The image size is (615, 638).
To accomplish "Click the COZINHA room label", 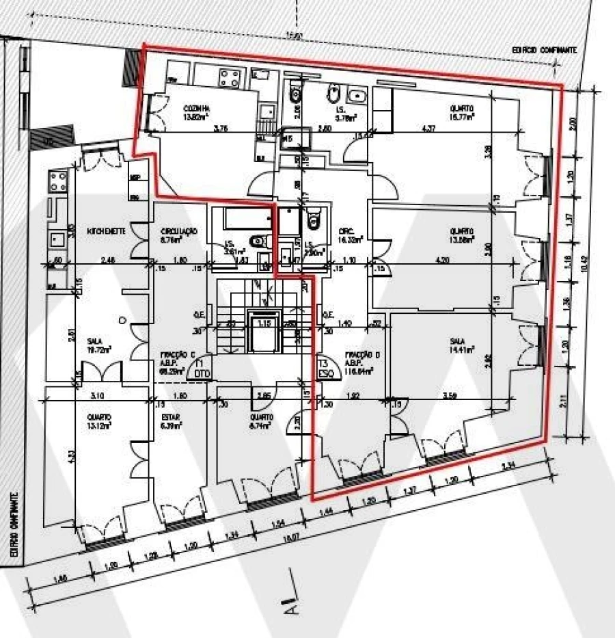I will tap(196, 109).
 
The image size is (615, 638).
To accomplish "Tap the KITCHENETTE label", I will tap(106, 231).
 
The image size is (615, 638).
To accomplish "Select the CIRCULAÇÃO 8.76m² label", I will tap(178, 231).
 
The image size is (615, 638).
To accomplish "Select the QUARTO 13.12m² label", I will tap(99, 416).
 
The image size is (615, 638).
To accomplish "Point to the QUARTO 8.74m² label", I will tap(262, 417).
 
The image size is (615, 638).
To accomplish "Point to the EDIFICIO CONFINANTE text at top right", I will tap(544, 50).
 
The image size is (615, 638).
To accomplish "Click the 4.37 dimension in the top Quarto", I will tap(428, 128).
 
